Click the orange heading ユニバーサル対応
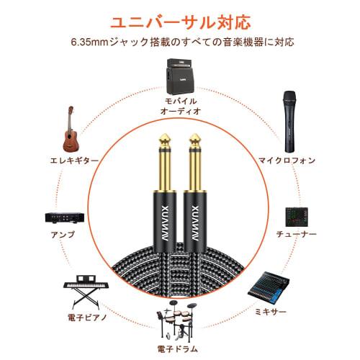point(179,18)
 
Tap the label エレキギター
point(70,161)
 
